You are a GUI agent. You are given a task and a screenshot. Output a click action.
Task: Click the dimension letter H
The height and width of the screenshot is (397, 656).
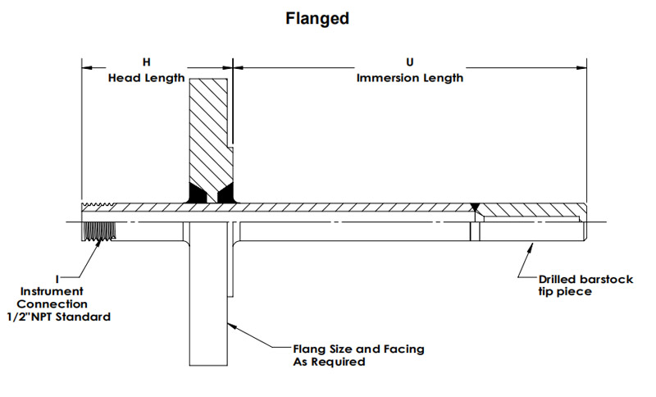(146, 63)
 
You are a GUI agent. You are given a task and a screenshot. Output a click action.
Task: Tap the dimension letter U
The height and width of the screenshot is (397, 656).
(410, 63)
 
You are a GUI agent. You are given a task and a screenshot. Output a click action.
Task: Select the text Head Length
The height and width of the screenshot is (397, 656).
(146, 78)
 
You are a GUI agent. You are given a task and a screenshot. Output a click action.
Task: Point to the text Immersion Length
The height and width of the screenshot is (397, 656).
(410, 78)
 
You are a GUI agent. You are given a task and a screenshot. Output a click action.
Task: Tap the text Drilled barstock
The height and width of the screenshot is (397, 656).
(586, 280)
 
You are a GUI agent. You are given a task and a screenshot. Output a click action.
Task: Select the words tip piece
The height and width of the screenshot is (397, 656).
(566, 292)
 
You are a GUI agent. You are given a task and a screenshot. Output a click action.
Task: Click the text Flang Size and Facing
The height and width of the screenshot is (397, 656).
(359, 349)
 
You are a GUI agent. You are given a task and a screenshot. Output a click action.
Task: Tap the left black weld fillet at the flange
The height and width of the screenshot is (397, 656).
(198, 194)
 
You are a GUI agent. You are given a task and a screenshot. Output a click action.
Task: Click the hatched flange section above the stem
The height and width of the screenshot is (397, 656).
(210, 131)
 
